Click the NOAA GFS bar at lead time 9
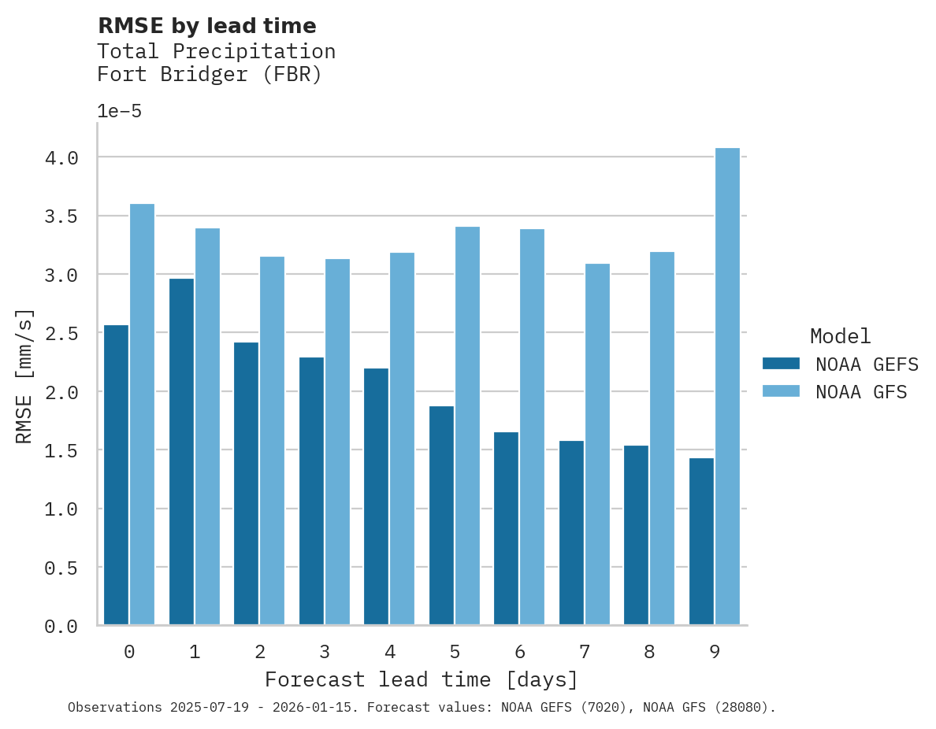point(727,387)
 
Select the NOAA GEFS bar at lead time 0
point(116,475)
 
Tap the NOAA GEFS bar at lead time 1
point(181,452)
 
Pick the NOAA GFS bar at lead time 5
point(467,426)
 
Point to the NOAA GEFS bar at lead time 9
point(701,542)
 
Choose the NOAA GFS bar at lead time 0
point(142,414)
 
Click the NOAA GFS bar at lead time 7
point(597,444)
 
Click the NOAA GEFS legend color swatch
point(781,364)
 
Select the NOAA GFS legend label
point(861,392)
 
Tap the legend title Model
point(841,336)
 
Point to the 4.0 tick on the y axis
point(61,158)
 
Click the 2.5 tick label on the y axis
point(61,334)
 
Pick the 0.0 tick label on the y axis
point(61,627)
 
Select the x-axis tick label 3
point(325,652)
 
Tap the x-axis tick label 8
point(649,652)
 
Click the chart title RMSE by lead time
point(207,26)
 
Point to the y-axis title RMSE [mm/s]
point(25,376)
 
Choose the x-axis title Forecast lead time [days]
point(422,679)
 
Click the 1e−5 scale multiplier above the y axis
point(120,112)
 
